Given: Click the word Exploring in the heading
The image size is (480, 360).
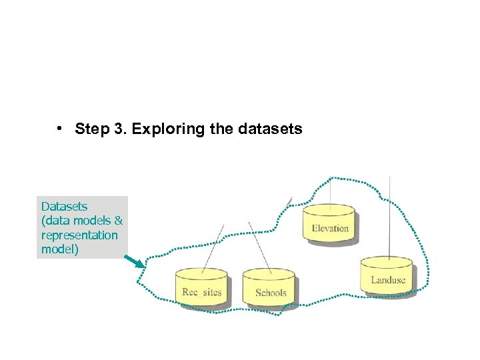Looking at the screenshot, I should (169, 129).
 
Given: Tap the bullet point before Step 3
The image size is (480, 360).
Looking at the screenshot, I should (60, 128).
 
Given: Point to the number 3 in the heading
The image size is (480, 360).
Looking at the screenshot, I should (119, 129).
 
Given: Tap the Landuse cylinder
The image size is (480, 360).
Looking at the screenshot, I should (387, 275).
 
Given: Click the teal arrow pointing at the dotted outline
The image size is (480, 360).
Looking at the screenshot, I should (134, 260).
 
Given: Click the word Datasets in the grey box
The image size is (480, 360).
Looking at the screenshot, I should (64, 207).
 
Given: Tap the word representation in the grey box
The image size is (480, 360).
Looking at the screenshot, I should (79, 235).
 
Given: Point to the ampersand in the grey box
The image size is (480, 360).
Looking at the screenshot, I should (119, 221).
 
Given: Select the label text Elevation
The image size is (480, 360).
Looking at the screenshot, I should (330, 229).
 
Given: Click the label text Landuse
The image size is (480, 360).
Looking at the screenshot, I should (388, 280).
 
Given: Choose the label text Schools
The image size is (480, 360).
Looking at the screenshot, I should (271, 293).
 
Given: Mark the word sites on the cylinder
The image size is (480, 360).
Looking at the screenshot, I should (211, 293).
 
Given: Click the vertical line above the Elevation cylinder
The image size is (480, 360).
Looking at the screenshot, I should (331, 190).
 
